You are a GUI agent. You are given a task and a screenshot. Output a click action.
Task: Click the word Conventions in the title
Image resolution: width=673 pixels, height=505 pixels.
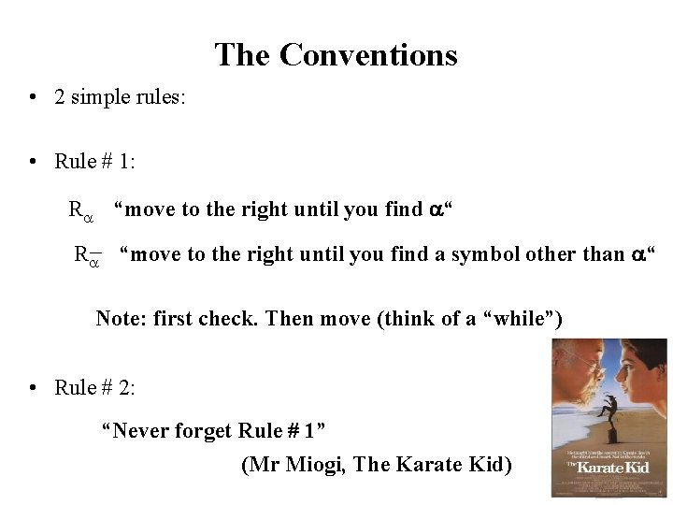point(368,55)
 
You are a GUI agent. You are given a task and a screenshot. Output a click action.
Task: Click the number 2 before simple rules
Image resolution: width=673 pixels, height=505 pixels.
point(60,98)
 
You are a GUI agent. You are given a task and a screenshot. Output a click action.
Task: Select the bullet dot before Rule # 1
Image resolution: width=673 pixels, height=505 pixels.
point(33,162)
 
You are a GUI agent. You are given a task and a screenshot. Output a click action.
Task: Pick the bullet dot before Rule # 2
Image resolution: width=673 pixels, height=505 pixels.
point(33,387)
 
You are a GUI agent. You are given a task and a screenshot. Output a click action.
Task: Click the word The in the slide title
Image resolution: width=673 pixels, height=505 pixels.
point(243,55)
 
